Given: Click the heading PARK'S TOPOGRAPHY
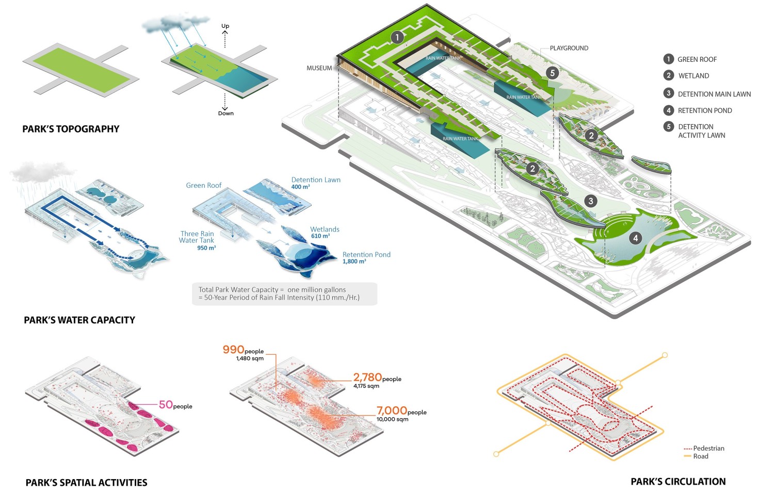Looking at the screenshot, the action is (x=71, y=129).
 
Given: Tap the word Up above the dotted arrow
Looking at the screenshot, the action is (x=225, y=26).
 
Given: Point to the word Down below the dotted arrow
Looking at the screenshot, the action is (x=225, y=113).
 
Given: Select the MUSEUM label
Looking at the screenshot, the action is (x=319, y=69).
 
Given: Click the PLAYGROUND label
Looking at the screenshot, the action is (x=569, y=48).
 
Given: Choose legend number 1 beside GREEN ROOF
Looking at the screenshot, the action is (x=669, y=59).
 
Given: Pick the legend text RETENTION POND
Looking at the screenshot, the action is (x=705, y=110).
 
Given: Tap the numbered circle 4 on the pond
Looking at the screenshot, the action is (x=635, y=238).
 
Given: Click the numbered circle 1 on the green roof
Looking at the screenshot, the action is (x=397, y=37).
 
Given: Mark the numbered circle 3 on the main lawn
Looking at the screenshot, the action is (x=591, y=201).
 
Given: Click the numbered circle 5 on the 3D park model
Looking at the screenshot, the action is (x=553, y=73).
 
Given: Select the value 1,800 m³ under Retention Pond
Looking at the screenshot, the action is (x=354, y=261).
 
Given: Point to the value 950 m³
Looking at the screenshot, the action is (x=206, y=248).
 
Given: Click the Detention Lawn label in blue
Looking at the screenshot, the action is (x=316, y=180).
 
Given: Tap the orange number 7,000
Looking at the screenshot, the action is (x=392, y=410).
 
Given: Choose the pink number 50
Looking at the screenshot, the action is (x=166, y=404).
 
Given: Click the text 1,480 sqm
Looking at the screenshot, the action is (x=250, y=359).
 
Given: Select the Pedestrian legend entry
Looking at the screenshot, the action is (x=704, y=448).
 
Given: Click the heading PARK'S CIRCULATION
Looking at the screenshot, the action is (x=679, y=482).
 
